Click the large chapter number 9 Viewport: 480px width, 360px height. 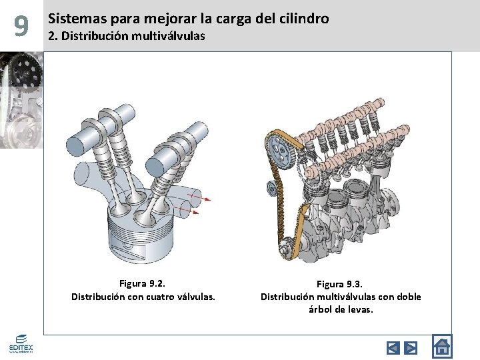[21, 26]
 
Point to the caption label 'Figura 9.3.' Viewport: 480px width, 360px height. [341, 284]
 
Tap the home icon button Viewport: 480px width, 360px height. [441, 347]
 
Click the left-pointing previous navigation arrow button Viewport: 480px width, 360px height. [393, 347]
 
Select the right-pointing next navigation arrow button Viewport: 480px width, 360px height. [411, 347]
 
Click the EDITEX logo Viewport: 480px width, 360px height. [20, 344]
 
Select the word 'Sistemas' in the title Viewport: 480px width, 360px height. [73, 19]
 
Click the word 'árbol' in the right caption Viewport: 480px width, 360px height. [321, 309]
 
